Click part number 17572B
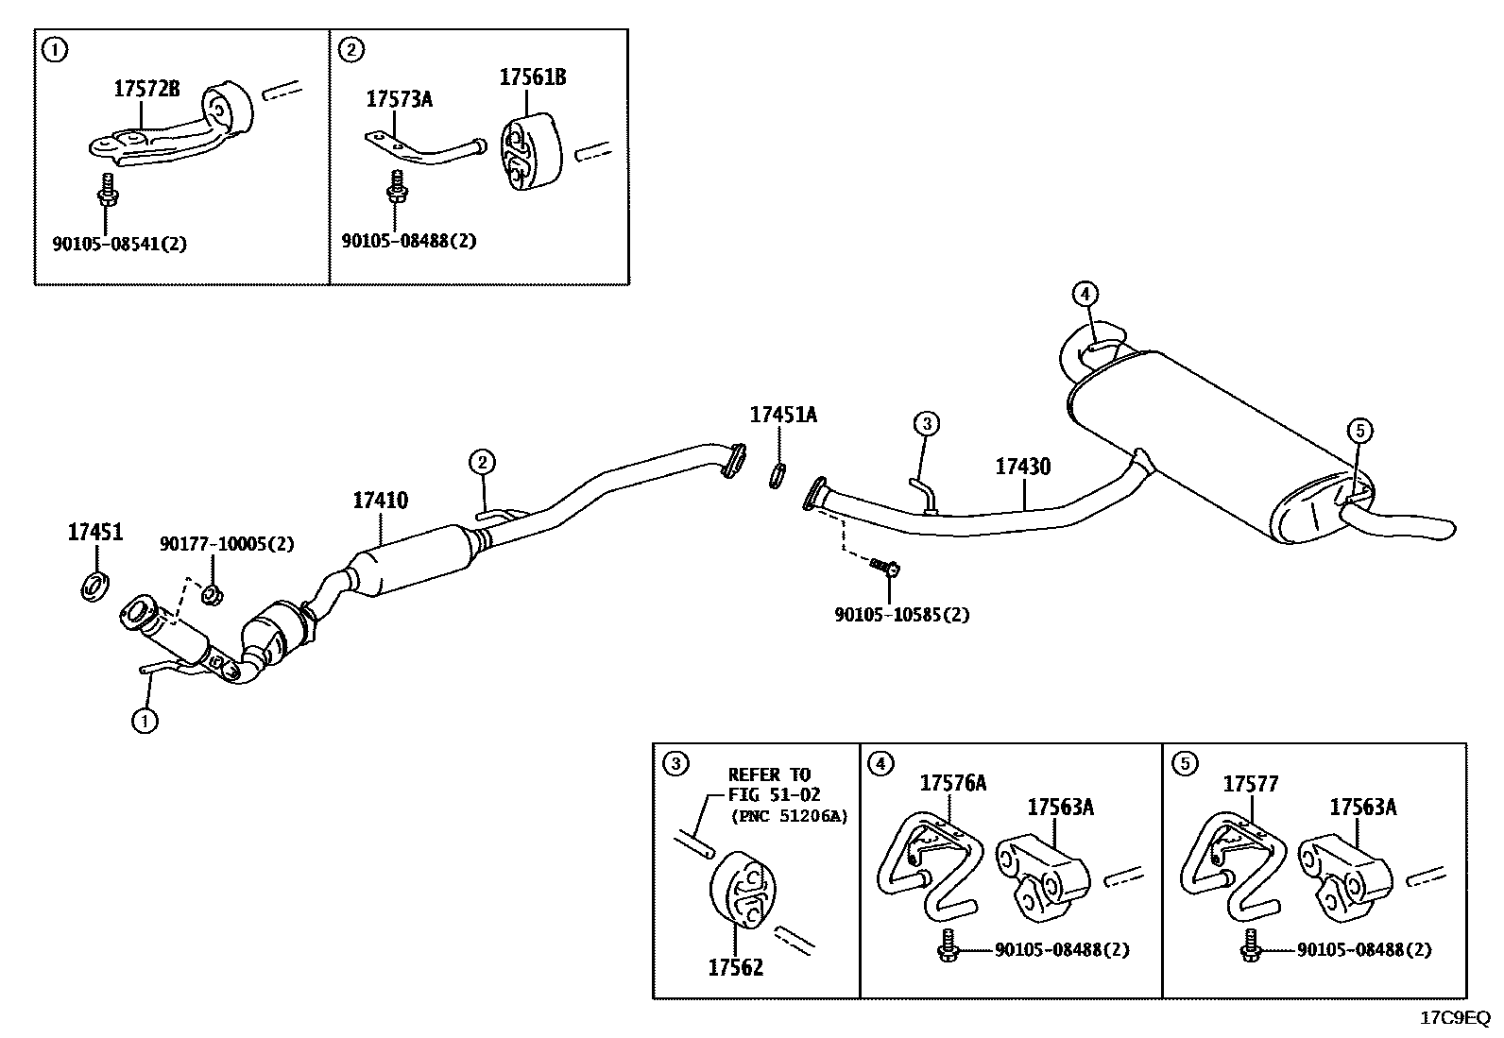point(146,90)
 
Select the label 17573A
point(399,99)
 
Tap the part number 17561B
point(533,77)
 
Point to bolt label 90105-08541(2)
point(119,244)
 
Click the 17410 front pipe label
point(381,501)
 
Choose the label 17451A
point(783,415)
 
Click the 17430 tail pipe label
point(1022,467)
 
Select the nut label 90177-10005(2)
point(227,544)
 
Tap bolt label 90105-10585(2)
point(902,615)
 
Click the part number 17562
point(736,967)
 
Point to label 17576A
point(953,783)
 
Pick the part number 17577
point(1251,784)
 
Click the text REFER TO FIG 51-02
point(770,784)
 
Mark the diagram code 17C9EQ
point(1456,1018)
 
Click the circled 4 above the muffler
point(1085,294)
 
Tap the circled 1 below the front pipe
point(144,721)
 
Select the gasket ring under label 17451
point(94,587)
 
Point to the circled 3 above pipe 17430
point(926,423)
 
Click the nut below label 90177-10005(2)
point(213,594)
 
